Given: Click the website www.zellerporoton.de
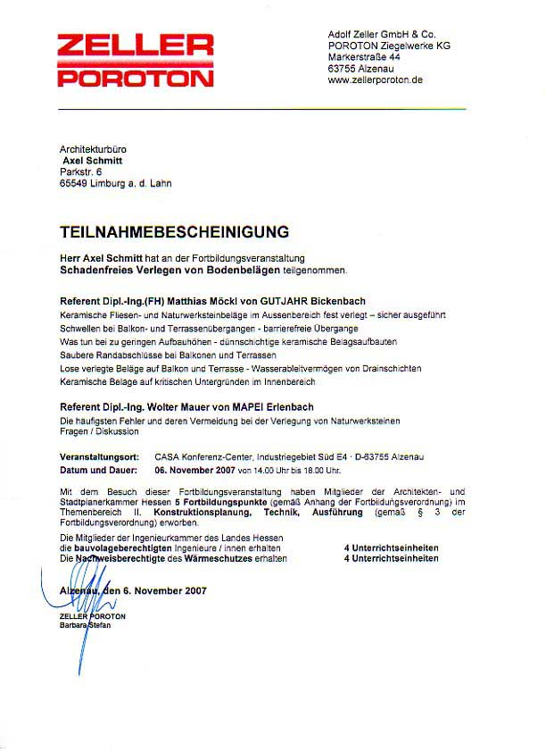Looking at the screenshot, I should click(375, 79).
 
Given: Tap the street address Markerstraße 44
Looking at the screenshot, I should click(364, 56).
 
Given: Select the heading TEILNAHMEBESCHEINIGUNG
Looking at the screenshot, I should click(175, 232).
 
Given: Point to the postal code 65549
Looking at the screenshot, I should click(76, 183).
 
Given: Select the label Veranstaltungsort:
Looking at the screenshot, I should click(98, 456).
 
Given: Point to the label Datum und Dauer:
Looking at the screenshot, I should click(99, 469).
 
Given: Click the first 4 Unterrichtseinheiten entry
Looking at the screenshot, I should click(392, 546).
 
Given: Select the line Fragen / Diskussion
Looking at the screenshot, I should click(99, 431).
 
